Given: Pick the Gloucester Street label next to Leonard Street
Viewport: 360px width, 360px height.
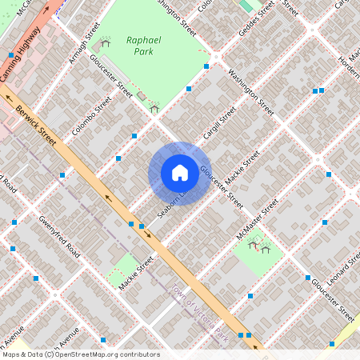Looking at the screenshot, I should pyautogui.click(x=330, y=297).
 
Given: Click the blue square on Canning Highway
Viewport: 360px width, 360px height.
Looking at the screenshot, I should pyautogui.click(x=11, y=55).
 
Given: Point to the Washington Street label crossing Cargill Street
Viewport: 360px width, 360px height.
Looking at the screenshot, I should pyautogui.click(x=251, y=90).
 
